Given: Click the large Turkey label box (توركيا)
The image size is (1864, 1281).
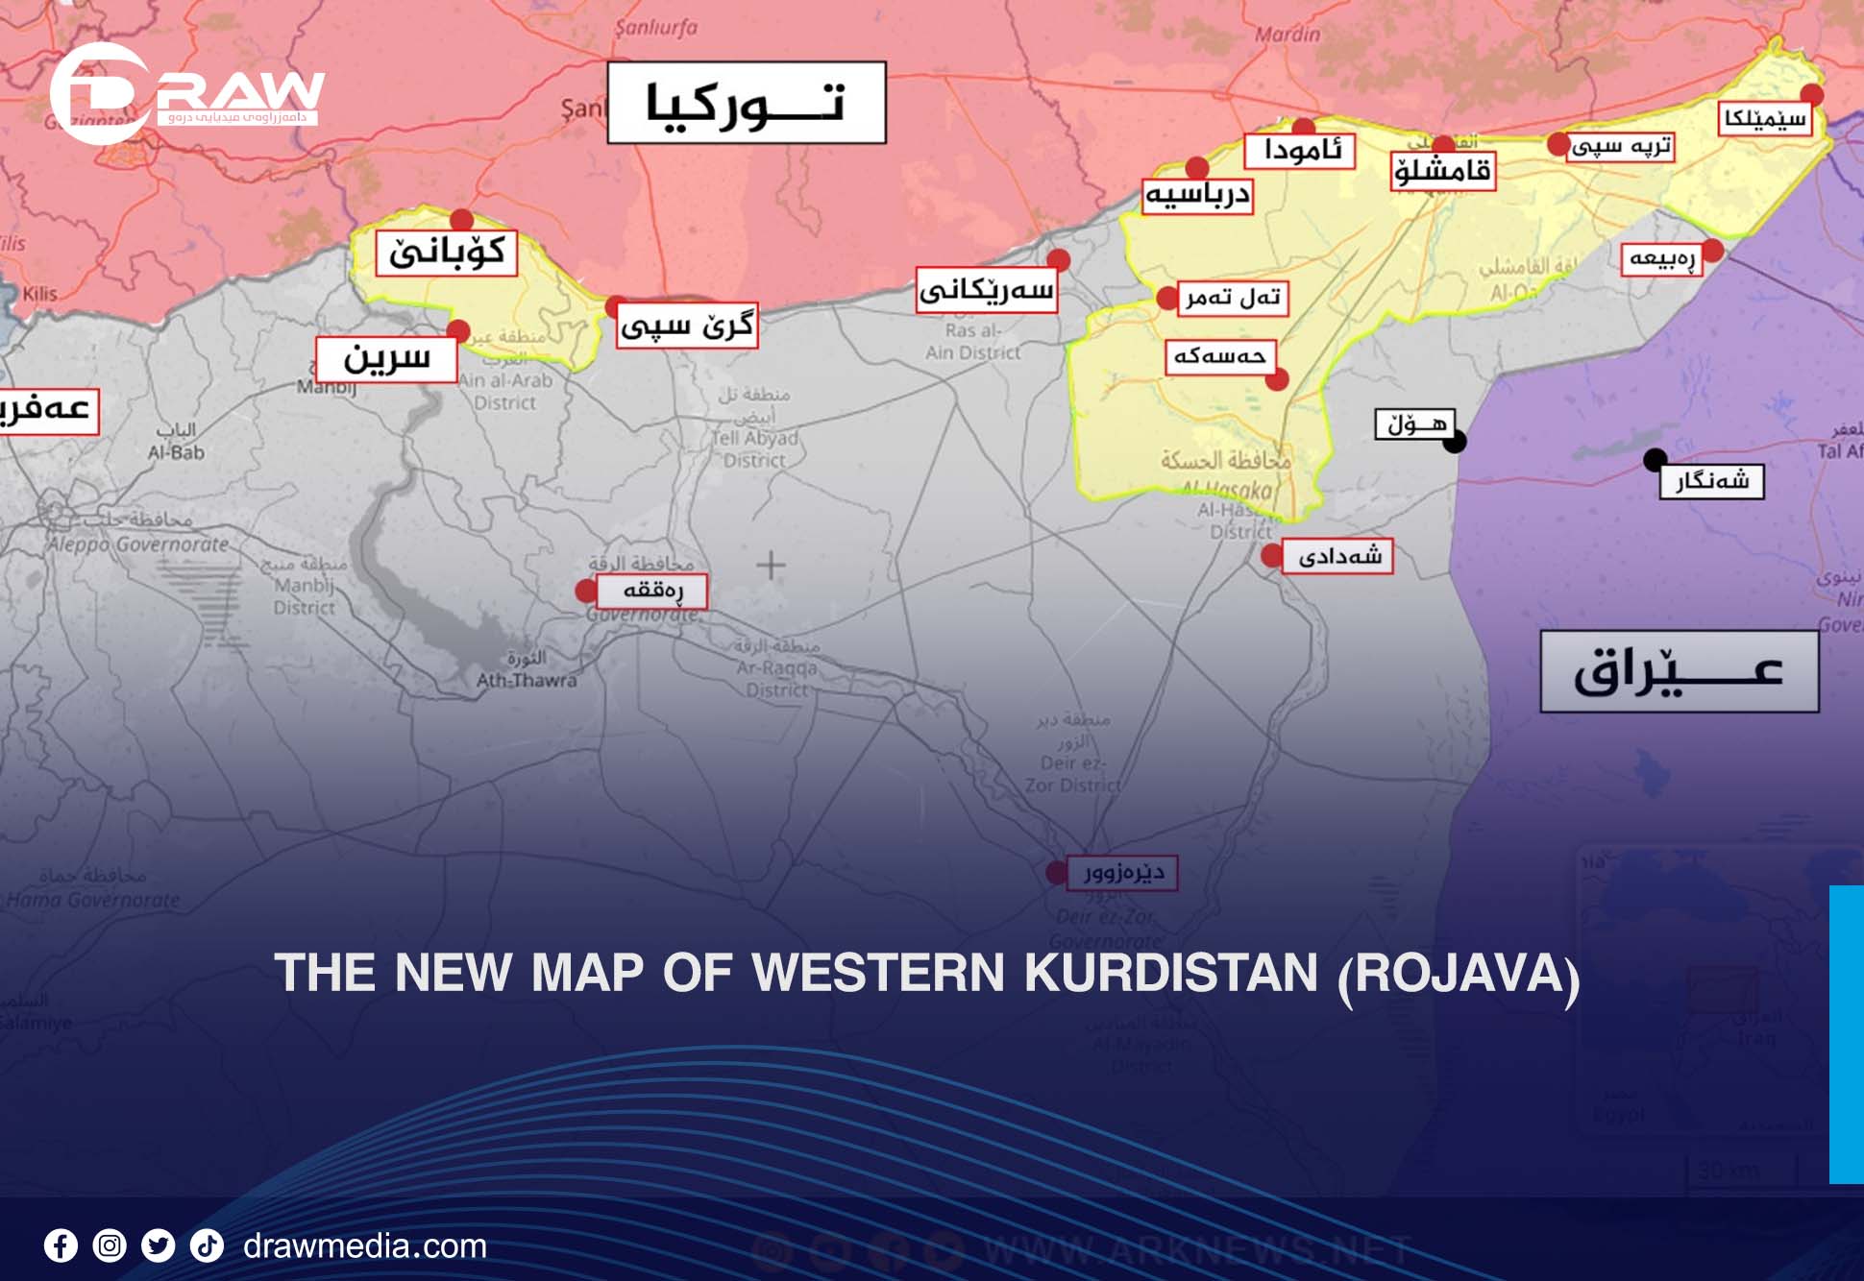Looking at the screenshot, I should point(747,103).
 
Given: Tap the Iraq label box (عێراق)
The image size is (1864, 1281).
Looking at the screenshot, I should point(1679,671).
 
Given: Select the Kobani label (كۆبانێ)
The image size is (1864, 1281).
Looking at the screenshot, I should point(447,253).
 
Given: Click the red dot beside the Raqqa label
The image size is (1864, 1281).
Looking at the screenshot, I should point(585,591).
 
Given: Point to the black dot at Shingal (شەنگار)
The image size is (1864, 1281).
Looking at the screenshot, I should point(1655,460).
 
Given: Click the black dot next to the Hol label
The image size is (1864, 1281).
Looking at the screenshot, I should point(1455,442).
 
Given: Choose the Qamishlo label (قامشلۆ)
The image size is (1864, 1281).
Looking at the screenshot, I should point(1443,172).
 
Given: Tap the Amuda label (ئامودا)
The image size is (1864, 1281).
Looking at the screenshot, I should point(1300,151).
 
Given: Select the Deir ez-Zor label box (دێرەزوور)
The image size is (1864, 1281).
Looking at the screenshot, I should point(1121,873).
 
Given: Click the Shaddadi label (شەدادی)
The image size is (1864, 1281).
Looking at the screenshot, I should point(1339,556).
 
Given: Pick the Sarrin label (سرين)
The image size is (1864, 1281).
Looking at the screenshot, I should point(386,359).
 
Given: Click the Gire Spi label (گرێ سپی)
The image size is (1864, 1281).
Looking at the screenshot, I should point(686,326).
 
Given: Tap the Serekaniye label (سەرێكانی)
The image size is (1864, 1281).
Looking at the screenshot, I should point(986,290).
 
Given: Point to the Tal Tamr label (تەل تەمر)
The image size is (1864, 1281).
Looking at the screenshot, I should point(1233,298).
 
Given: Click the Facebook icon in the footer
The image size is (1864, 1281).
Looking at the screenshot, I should point(61,1246).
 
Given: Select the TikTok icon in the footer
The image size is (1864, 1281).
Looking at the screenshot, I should point(207,1246).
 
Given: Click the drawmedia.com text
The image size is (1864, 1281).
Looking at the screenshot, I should point(365,1246).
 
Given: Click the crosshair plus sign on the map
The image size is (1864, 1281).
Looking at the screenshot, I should point(771,565).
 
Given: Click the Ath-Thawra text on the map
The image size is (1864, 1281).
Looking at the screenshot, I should point(527,681).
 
